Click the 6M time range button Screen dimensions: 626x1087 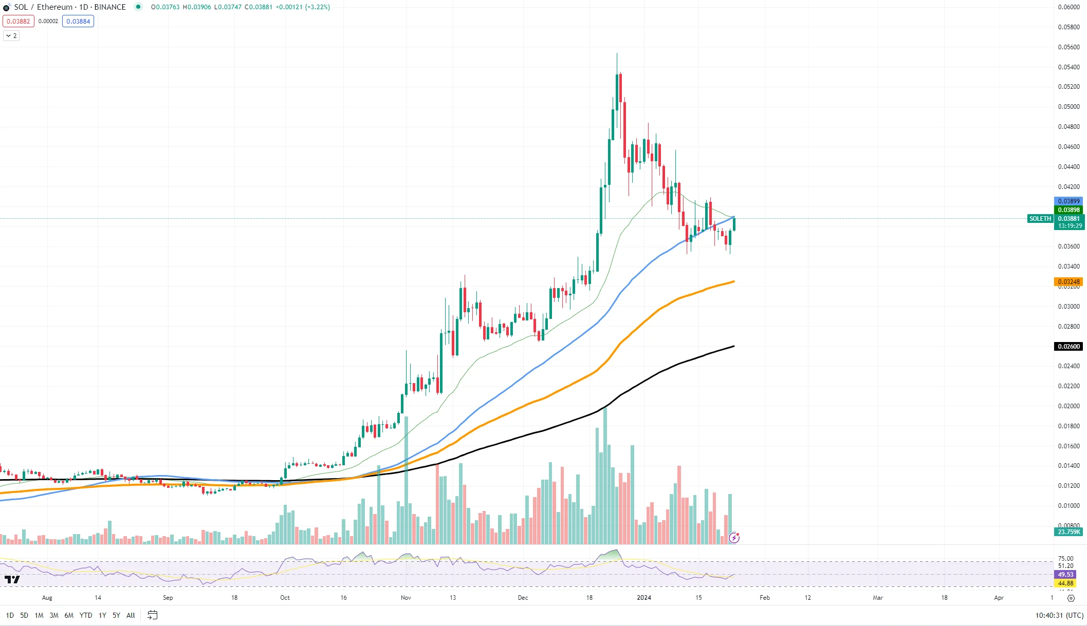[x=69, y=615]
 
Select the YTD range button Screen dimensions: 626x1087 [x=86, y=615]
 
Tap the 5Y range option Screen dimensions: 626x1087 [x=116, y=615]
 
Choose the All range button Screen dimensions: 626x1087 [x=131, y=615]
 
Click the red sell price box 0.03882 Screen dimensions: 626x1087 [x=19, y=21]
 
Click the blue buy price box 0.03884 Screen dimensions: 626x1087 [x=78, y=21]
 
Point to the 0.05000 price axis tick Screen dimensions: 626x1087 [x=1068, y=107]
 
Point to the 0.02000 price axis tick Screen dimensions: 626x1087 [x=1068, y=406]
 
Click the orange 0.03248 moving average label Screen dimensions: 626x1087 [x=1068, y=282]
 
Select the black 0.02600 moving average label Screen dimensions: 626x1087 [x=1068, y=347]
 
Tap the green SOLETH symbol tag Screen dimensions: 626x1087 [x=1040, y=219]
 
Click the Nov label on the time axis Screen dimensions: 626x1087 [x=406, y=598]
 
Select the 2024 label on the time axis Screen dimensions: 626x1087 [x=644, y=598]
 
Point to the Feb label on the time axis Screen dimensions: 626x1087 [x=765, y=598]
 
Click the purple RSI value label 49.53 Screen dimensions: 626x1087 [x=1065, y=575]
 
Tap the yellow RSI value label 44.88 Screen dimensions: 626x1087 [x=1065, y=583]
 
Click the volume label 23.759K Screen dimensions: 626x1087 [x=1068, y=532]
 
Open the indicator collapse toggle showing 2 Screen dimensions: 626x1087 [x=11, y=36]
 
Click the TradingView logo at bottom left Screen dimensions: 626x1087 [x=12, y=580]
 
